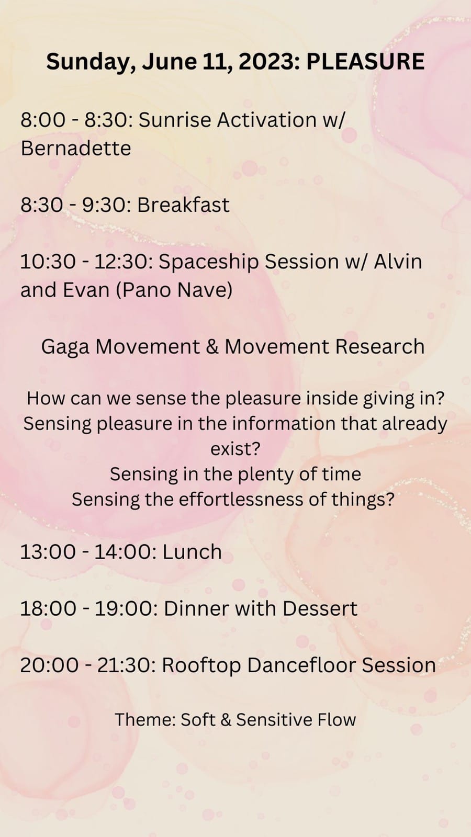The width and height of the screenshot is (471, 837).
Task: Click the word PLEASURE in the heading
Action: point(365,61)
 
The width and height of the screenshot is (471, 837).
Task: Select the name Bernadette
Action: point(76,149)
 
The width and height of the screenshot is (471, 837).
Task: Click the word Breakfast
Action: point(183,205)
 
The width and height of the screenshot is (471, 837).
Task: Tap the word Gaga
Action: point(65,347)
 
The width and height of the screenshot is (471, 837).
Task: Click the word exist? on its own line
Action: point(235,449)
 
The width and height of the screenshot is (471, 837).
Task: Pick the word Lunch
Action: point(192,552)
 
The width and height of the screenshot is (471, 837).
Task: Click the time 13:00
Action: point(48,552)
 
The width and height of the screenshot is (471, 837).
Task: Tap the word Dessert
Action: point(320,608)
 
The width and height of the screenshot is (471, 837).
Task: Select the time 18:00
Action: point(48,608)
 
